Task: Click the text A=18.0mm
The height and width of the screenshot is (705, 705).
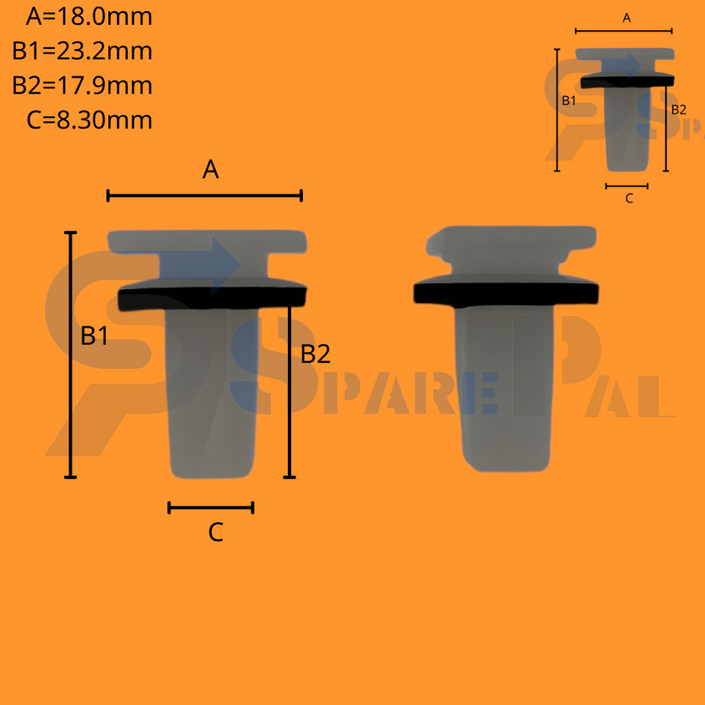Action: pos(89,17)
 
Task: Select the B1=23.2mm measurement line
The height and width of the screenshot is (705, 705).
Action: pos(82,51)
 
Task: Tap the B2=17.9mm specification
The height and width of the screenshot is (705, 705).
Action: pos(82,86)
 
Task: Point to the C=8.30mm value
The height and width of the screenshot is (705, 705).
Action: pos(89,120)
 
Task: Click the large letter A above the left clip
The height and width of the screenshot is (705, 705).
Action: pos(211,169)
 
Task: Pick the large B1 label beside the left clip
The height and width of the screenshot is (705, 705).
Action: pos(95,336)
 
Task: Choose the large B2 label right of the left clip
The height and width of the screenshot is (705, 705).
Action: pos(316,354)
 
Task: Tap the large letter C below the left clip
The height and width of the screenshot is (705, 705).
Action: pos(215,532)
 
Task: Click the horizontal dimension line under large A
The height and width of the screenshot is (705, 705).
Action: pos(204,196)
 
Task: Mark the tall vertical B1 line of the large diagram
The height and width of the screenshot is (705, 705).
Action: pos(70,355)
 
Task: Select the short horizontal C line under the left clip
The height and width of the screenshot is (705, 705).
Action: pos(211,508)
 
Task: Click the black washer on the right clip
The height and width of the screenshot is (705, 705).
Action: pos(505,294)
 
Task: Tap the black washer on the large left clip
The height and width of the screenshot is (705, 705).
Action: pos(211,297)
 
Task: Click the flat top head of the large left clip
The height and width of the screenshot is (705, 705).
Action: pos(207,241)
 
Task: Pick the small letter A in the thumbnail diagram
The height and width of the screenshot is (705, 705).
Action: pos(627,19)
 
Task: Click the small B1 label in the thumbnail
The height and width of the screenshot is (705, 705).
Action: pos(569,101)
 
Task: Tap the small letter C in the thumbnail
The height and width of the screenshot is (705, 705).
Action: pos(629,198)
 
